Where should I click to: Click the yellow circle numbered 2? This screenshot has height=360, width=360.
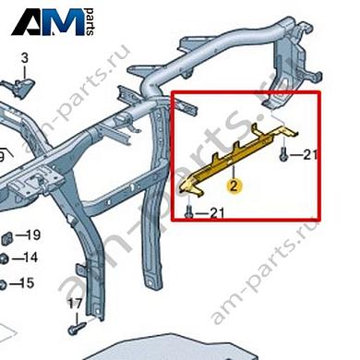(236, 185)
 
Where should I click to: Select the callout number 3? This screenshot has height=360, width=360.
(25, 60)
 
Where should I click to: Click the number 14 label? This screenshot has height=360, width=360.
(30, 258)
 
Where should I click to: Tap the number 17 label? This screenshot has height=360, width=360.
(73, 304)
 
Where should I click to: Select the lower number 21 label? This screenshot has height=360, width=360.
(217, 214)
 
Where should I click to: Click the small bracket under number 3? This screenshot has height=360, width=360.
(20, 86)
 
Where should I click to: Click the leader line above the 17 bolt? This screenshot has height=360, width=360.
(73, 315)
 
